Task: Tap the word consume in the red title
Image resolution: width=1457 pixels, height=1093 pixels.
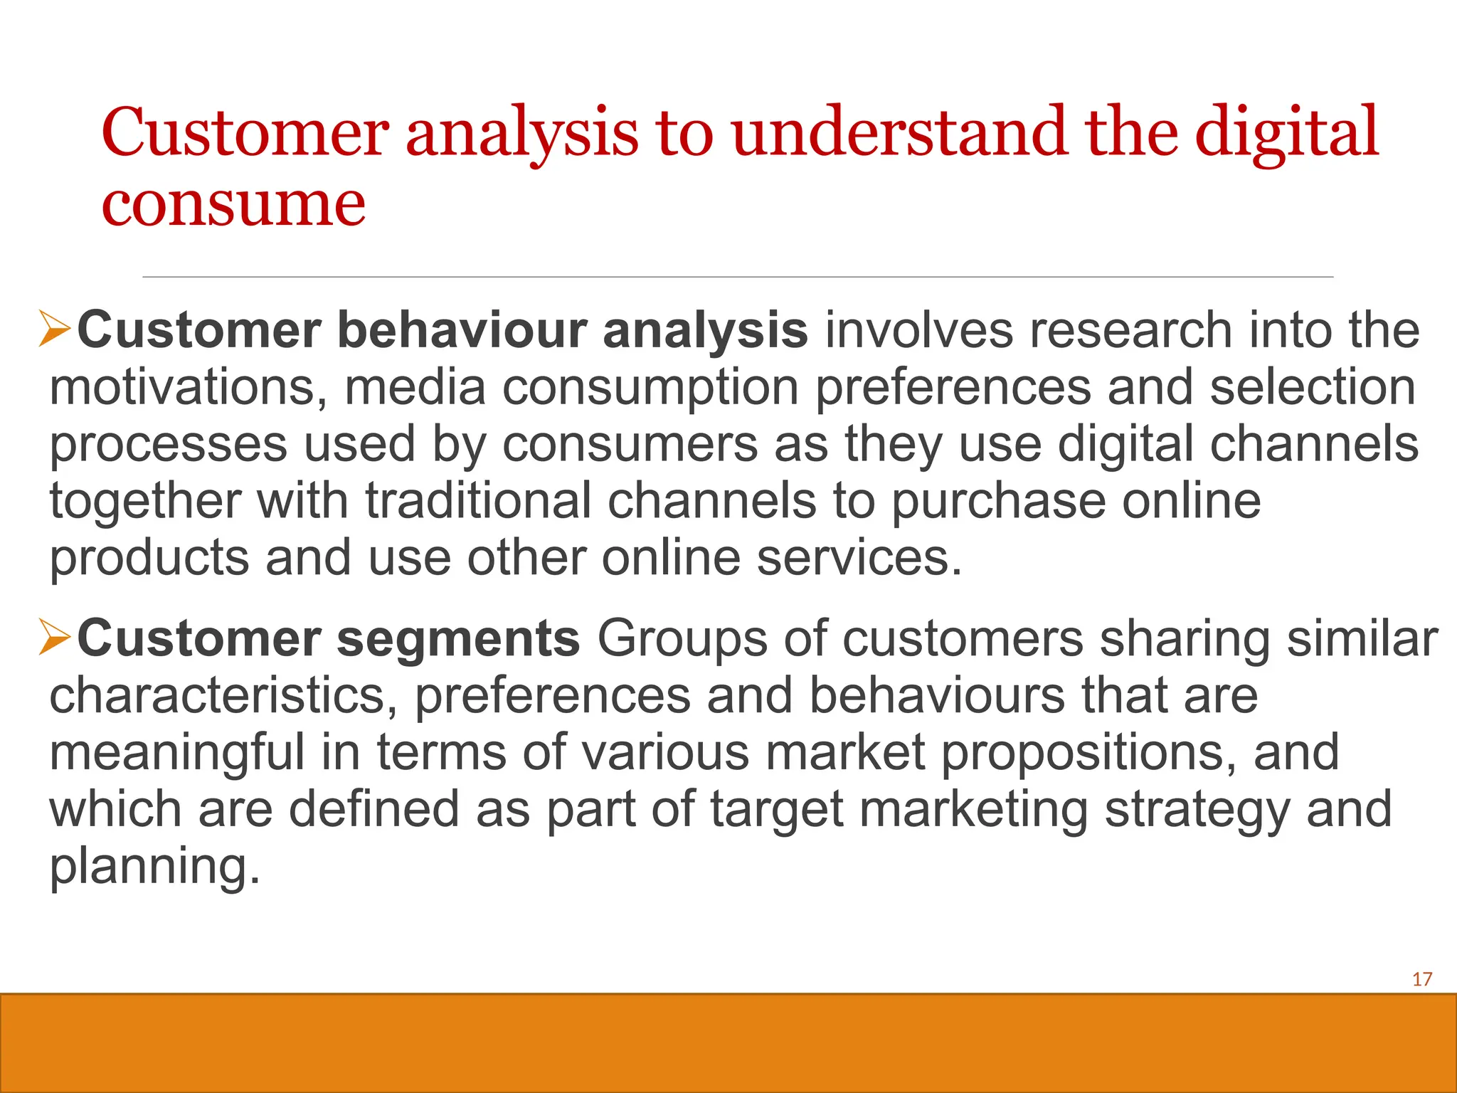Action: click(233, 205)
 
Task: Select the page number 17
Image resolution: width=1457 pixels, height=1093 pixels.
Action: click(1421, 980)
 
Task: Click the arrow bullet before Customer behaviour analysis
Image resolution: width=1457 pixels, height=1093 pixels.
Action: click(55, 329)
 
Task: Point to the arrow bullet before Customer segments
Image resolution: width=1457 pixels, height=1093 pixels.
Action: click(55, 637)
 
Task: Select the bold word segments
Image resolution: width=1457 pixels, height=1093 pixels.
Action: click(458, 639)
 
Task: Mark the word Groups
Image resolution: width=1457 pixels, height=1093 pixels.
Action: click(682, 639)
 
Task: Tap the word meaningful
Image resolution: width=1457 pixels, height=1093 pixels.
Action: click(176, 753)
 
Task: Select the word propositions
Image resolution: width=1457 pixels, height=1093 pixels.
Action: click(1088, 753)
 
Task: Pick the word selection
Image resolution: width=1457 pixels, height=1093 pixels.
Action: click(1313, 388)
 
